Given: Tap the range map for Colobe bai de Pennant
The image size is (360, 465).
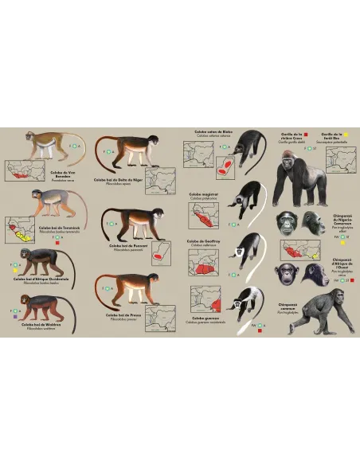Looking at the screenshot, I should click(163, 252).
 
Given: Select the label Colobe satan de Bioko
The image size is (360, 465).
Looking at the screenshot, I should click(210, 131).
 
